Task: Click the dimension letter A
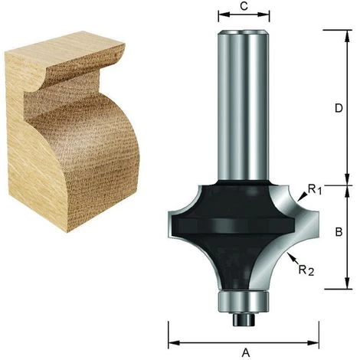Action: click(x=245, y=352)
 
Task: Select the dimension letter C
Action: click(x=244, y=6)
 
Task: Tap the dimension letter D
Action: click(x=339, y=108)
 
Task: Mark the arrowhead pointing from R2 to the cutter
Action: click(x=286, y=259)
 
